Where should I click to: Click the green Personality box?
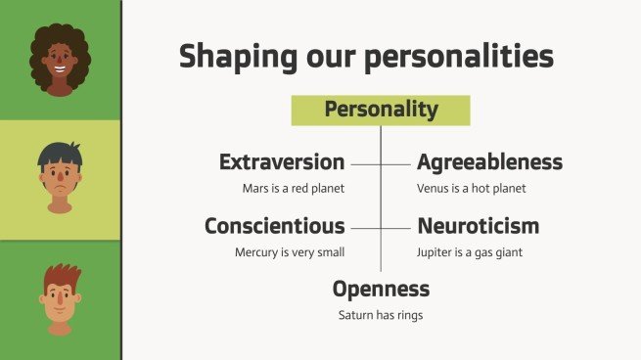click(381, 111)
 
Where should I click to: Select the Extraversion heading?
click(282, 162)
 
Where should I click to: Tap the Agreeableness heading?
click(489, 162)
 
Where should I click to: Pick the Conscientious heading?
click(274, 227)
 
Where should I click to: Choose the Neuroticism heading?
click(478, 227)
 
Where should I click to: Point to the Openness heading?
click(381, 290)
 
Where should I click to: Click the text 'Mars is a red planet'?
click(294, 188)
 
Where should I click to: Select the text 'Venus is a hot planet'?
click(471, 188)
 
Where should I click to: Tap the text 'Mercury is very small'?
click(290, 252)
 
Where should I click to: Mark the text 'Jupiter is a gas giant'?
click(470, 252)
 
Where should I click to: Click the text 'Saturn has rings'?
click(381, 315)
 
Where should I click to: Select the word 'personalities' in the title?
click(474, 56)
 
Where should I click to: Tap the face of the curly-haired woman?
click(60, 68)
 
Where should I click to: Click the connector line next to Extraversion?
click(364, 163)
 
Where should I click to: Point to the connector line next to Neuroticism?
click(396, 228)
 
